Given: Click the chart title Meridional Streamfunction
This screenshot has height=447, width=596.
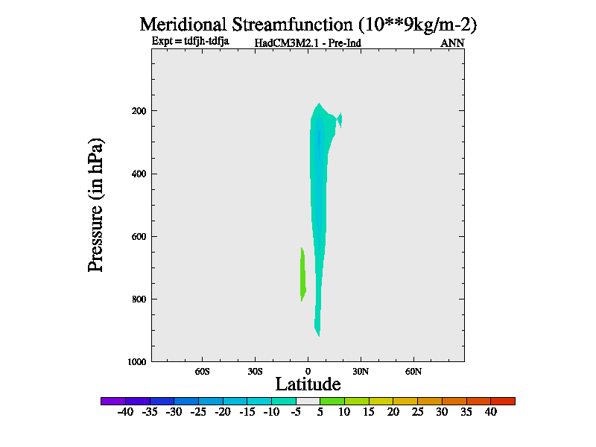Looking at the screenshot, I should pyautogui.click(x=308, y=24).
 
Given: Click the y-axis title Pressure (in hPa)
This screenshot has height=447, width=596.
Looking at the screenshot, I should pyautogui.click(x=96, y=205).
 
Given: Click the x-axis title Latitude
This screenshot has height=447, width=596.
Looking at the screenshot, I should pyautogui.click(x=308, y=384).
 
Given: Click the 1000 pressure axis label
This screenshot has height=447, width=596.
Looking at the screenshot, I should pyautogui.click(x=136, y=362).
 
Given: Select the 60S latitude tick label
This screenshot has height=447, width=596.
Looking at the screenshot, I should pyautogui.click(x=203, y=371).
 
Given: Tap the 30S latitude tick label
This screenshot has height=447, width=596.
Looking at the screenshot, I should pyautogui.click(x=256, y=371).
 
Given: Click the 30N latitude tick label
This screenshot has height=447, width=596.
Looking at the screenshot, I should pyautogui.click(x=361, y=371).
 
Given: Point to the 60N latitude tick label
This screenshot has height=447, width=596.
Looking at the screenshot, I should pyautogui.click(x=413, y=371).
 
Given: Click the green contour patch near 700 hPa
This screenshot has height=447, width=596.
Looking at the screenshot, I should pyautogui.click(x=302, y=276).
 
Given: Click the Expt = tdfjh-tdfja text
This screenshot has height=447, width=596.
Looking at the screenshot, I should pyautogui.click(x=190, y=42).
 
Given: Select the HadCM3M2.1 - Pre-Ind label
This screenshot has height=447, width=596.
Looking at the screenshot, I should pyautogui.click(x=308, y=43).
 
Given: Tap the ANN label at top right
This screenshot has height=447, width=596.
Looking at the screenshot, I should pyautogui.click(x=452, y=43).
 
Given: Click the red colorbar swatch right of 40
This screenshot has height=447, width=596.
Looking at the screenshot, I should pyautogui.click(x=503, y=401).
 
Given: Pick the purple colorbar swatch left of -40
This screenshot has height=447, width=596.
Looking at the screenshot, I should pyautogui.click(x=112, y=401).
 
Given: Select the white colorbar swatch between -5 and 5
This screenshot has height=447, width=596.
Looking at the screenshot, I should pyautogui.click(x=308, y=401).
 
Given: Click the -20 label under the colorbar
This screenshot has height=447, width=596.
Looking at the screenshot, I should pyautogui.click(x=222, y=412).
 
